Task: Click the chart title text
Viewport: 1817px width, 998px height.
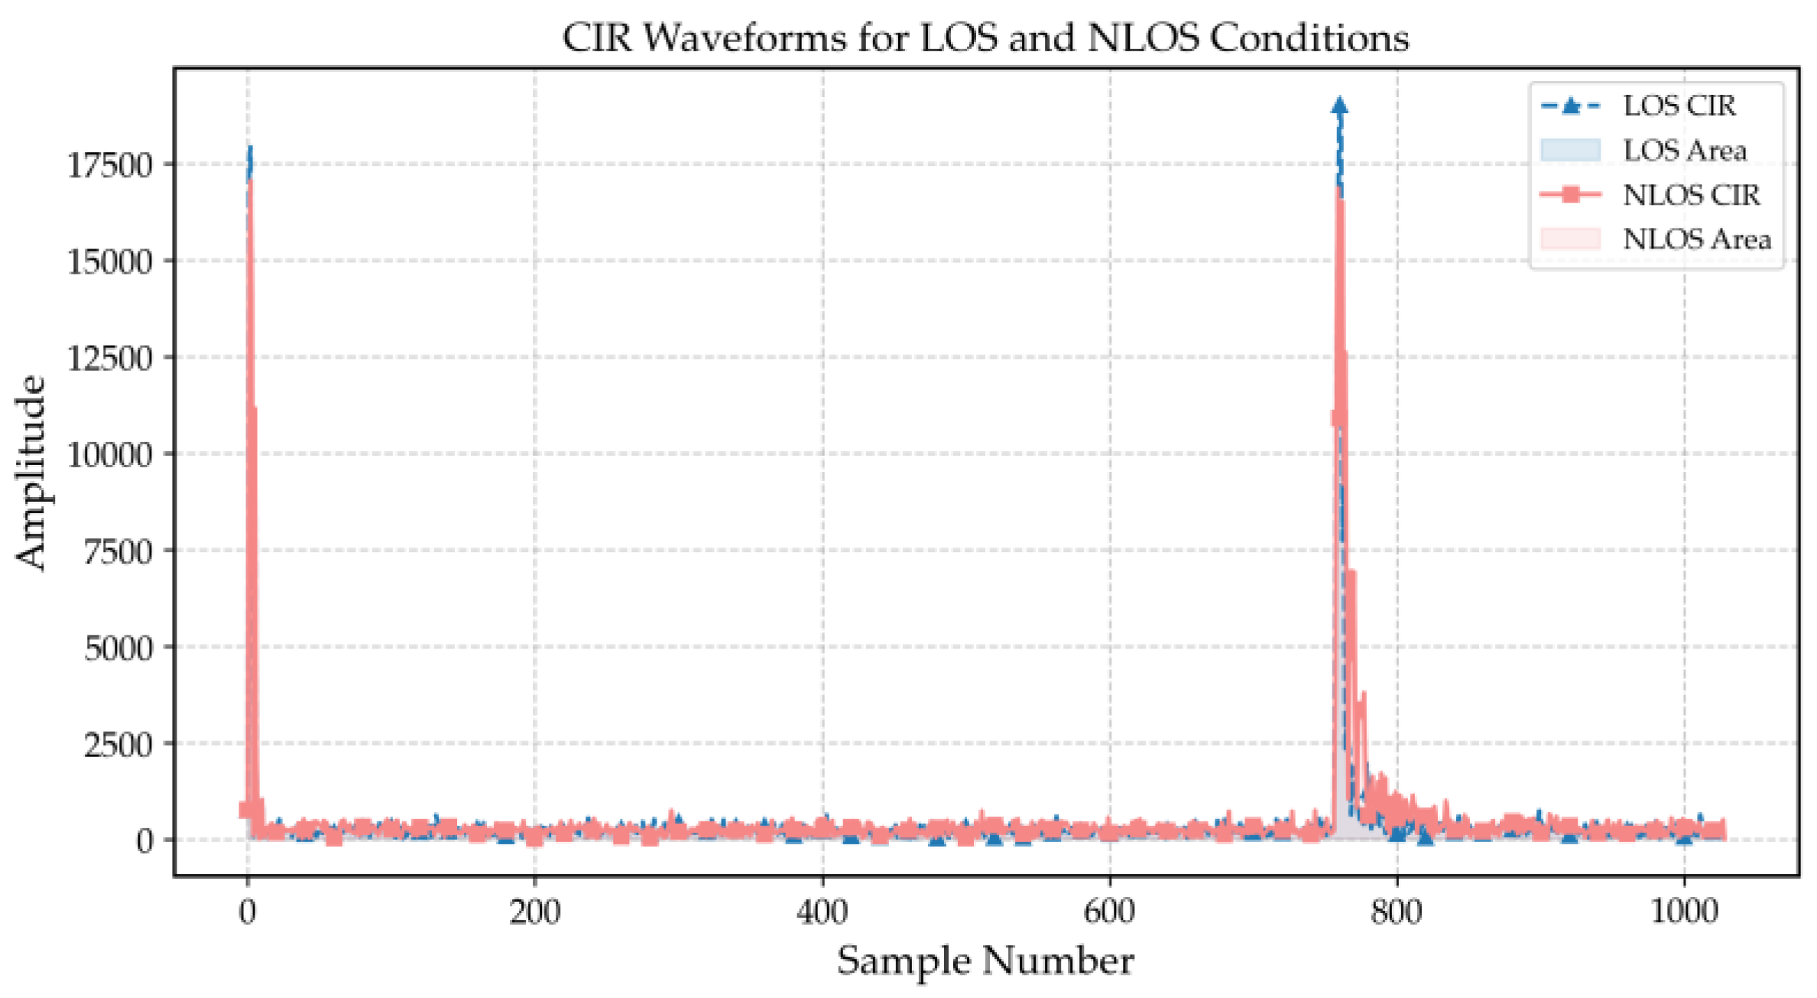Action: pyautogui.click(x=985, y=37)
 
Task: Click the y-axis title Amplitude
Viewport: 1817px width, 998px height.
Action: pyautogui.click(x=31, y=472)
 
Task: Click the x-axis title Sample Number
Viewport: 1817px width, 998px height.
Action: pyautogui.click(x=985, y=961)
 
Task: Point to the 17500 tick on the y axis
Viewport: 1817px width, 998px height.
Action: pyautogui.click(x=109, y=165)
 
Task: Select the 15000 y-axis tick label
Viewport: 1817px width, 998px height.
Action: pyautogui.click(x=109, y=262)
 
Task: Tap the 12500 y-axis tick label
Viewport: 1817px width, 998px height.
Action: pyautogui.click(x=109, y=358)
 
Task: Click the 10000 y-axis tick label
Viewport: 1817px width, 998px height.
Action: pyautogui.click(x=109, y=454)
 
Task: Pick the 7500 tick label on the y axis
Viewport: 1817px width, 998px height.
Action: pyautogui.click(x=118, y=551)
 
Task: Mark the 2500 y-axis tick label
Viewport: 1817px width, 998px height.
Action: pyautogui.click(x=118, y=743)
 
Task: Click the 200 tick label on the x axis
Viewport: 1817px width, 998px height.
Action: pyautogui.click(x=534, y=912)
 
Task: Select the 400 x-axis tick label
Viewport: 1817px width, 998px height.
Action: pyautogui.click(x=822, y=912)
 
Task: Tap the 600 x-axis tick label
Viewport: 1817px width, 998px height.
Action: pyautogui.click(x=1109, y=912)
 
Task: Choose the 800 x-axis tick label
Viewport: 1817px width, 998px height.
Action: pyautogui.click(x=1397, y=912)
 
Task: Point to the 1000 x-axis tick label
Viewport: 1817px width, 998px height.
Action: pyautogui.click(x=1684, y=912)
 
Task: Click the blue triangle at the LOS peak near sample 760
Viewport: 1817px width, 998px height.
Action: pyautogui.click(x=1339, y=106)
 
